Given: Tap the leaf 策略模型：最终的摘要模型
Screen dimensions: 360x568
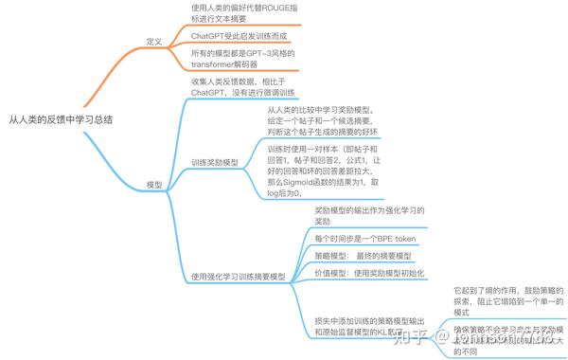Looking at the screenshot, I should click(x=364, y=256).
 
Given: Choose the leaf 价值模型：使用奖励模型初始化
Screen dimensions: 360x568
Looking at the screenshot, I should click(x=368, y=273).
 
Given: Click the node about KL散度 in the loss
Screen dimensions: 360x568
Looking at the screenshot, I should click(x=370, y=325).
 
